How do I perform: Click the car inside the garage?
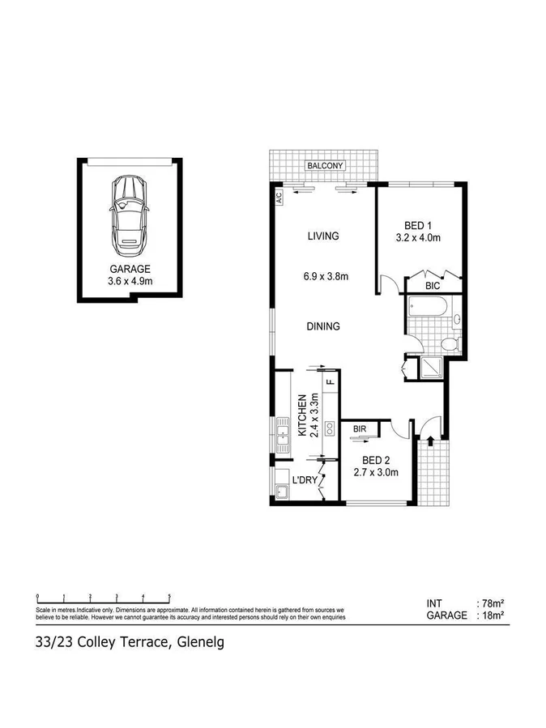point(128,212)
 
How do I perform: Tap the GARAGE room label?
point(130,269)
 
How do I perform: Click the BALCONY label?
point(325,166)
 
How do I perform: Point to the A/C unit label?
point(278,196)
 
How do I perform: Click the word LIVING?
point(322,236)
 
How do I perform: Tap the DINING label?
point(322,326)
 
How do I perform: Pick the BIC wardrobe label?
point(433,286)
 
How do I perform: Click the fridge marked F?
point(329,381)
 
